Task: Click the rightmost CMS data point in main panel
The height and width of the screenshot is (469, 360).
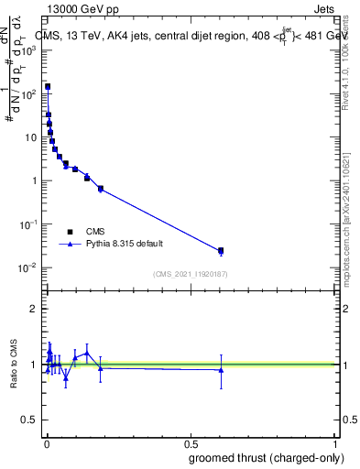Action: coord(221,250)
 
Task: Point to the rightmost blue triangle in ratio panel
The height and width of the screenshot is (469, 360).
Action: coord(221,370)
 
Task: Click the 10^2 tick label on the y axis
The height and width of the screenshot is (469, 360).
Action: coord(27,93)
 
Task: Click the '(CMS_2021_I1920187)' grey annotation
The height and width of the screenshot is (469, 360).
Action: coord(190,274)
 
